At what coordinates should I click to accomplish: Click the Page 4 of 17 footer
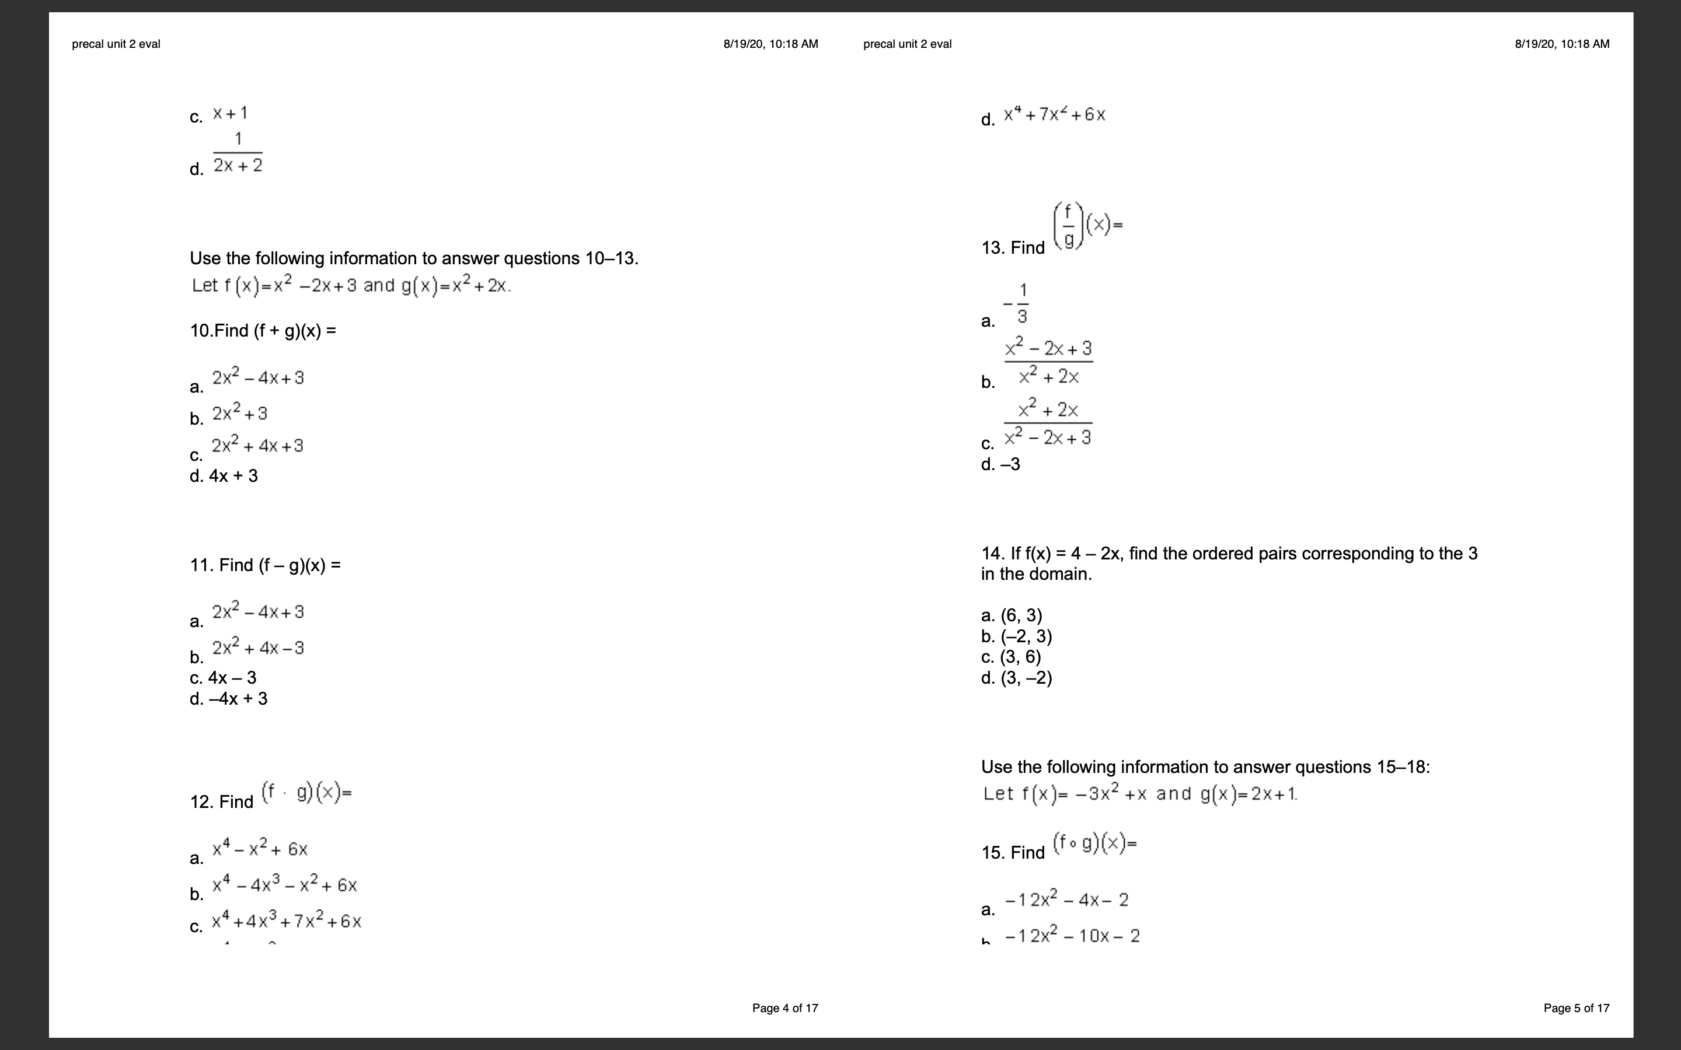click(x=785, y=1007)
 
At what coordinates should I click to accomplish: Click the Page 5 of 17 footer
click(x=1576, y=1007)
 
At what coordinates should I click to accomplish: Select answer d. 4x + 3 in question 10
click(x=224, y=475)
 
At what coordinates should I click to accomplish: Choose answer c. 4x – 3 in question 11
click(x=223, y=677)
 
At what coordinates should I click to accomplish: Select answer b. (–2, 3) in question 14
click(x=1016, y=636)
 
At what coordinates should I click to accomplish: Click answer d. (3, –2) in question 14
click(x=1016, y=677)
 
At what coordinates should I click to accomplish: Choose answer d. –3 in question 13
click(x=1000, y=464)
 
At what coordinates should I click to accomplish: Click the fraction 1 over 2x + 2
click(x=238, y=153)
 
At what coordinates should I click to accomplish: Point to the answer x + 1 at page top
click(x=230, y=113)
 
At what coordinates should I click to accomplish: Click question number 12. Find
click(x=222, y=801)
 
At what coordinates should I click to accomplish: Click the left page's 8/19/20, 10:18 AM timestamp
click(x=770, y=44)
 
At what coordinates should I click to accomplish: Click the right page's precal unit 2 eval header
click(x=907, y=44)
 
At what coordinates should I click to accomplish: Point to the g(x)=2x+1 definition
click(x=1248, y=794)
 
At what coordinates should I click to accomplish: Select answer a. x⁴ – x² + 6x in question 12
click(x=259, y=849)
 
